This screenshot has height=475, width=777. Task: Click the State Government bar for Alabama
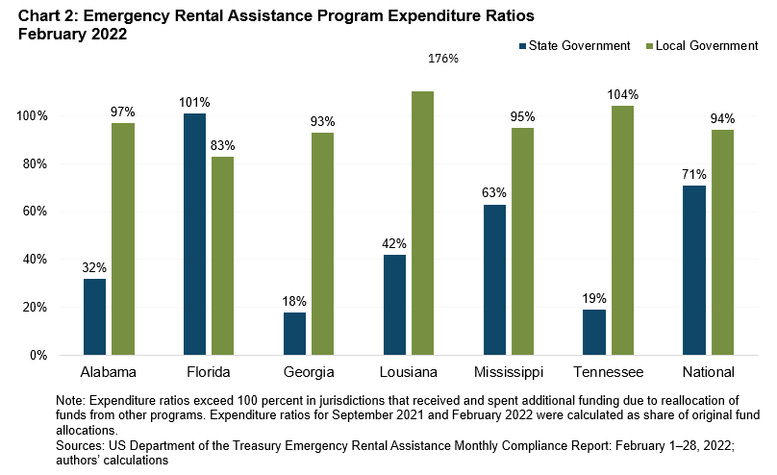(95, 316)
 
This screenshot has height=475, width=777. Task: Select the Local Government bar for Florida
(222, 255)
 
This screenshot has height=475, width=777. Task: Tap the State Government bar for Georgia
(295, 333)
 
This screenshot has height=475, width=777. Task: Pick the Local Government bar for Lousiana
(422, 223)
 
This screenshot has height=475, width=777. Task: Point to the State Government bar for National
(693, 270)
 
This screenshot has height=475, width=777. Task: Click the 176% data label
(443, 59)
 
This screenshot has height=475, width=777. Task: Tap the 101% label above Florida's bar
(194, 102)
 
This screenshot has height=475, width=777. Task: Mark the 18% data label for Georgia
(295, 300)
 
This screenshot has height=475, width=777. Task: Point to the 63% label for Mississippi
(494, 192)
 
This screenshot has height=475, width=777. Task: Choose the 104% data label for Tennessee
(622, 94)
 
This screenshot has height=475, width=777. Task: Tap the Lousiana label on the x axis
(409, 372)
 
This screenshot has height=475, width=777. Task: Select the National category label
(707, 372)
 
